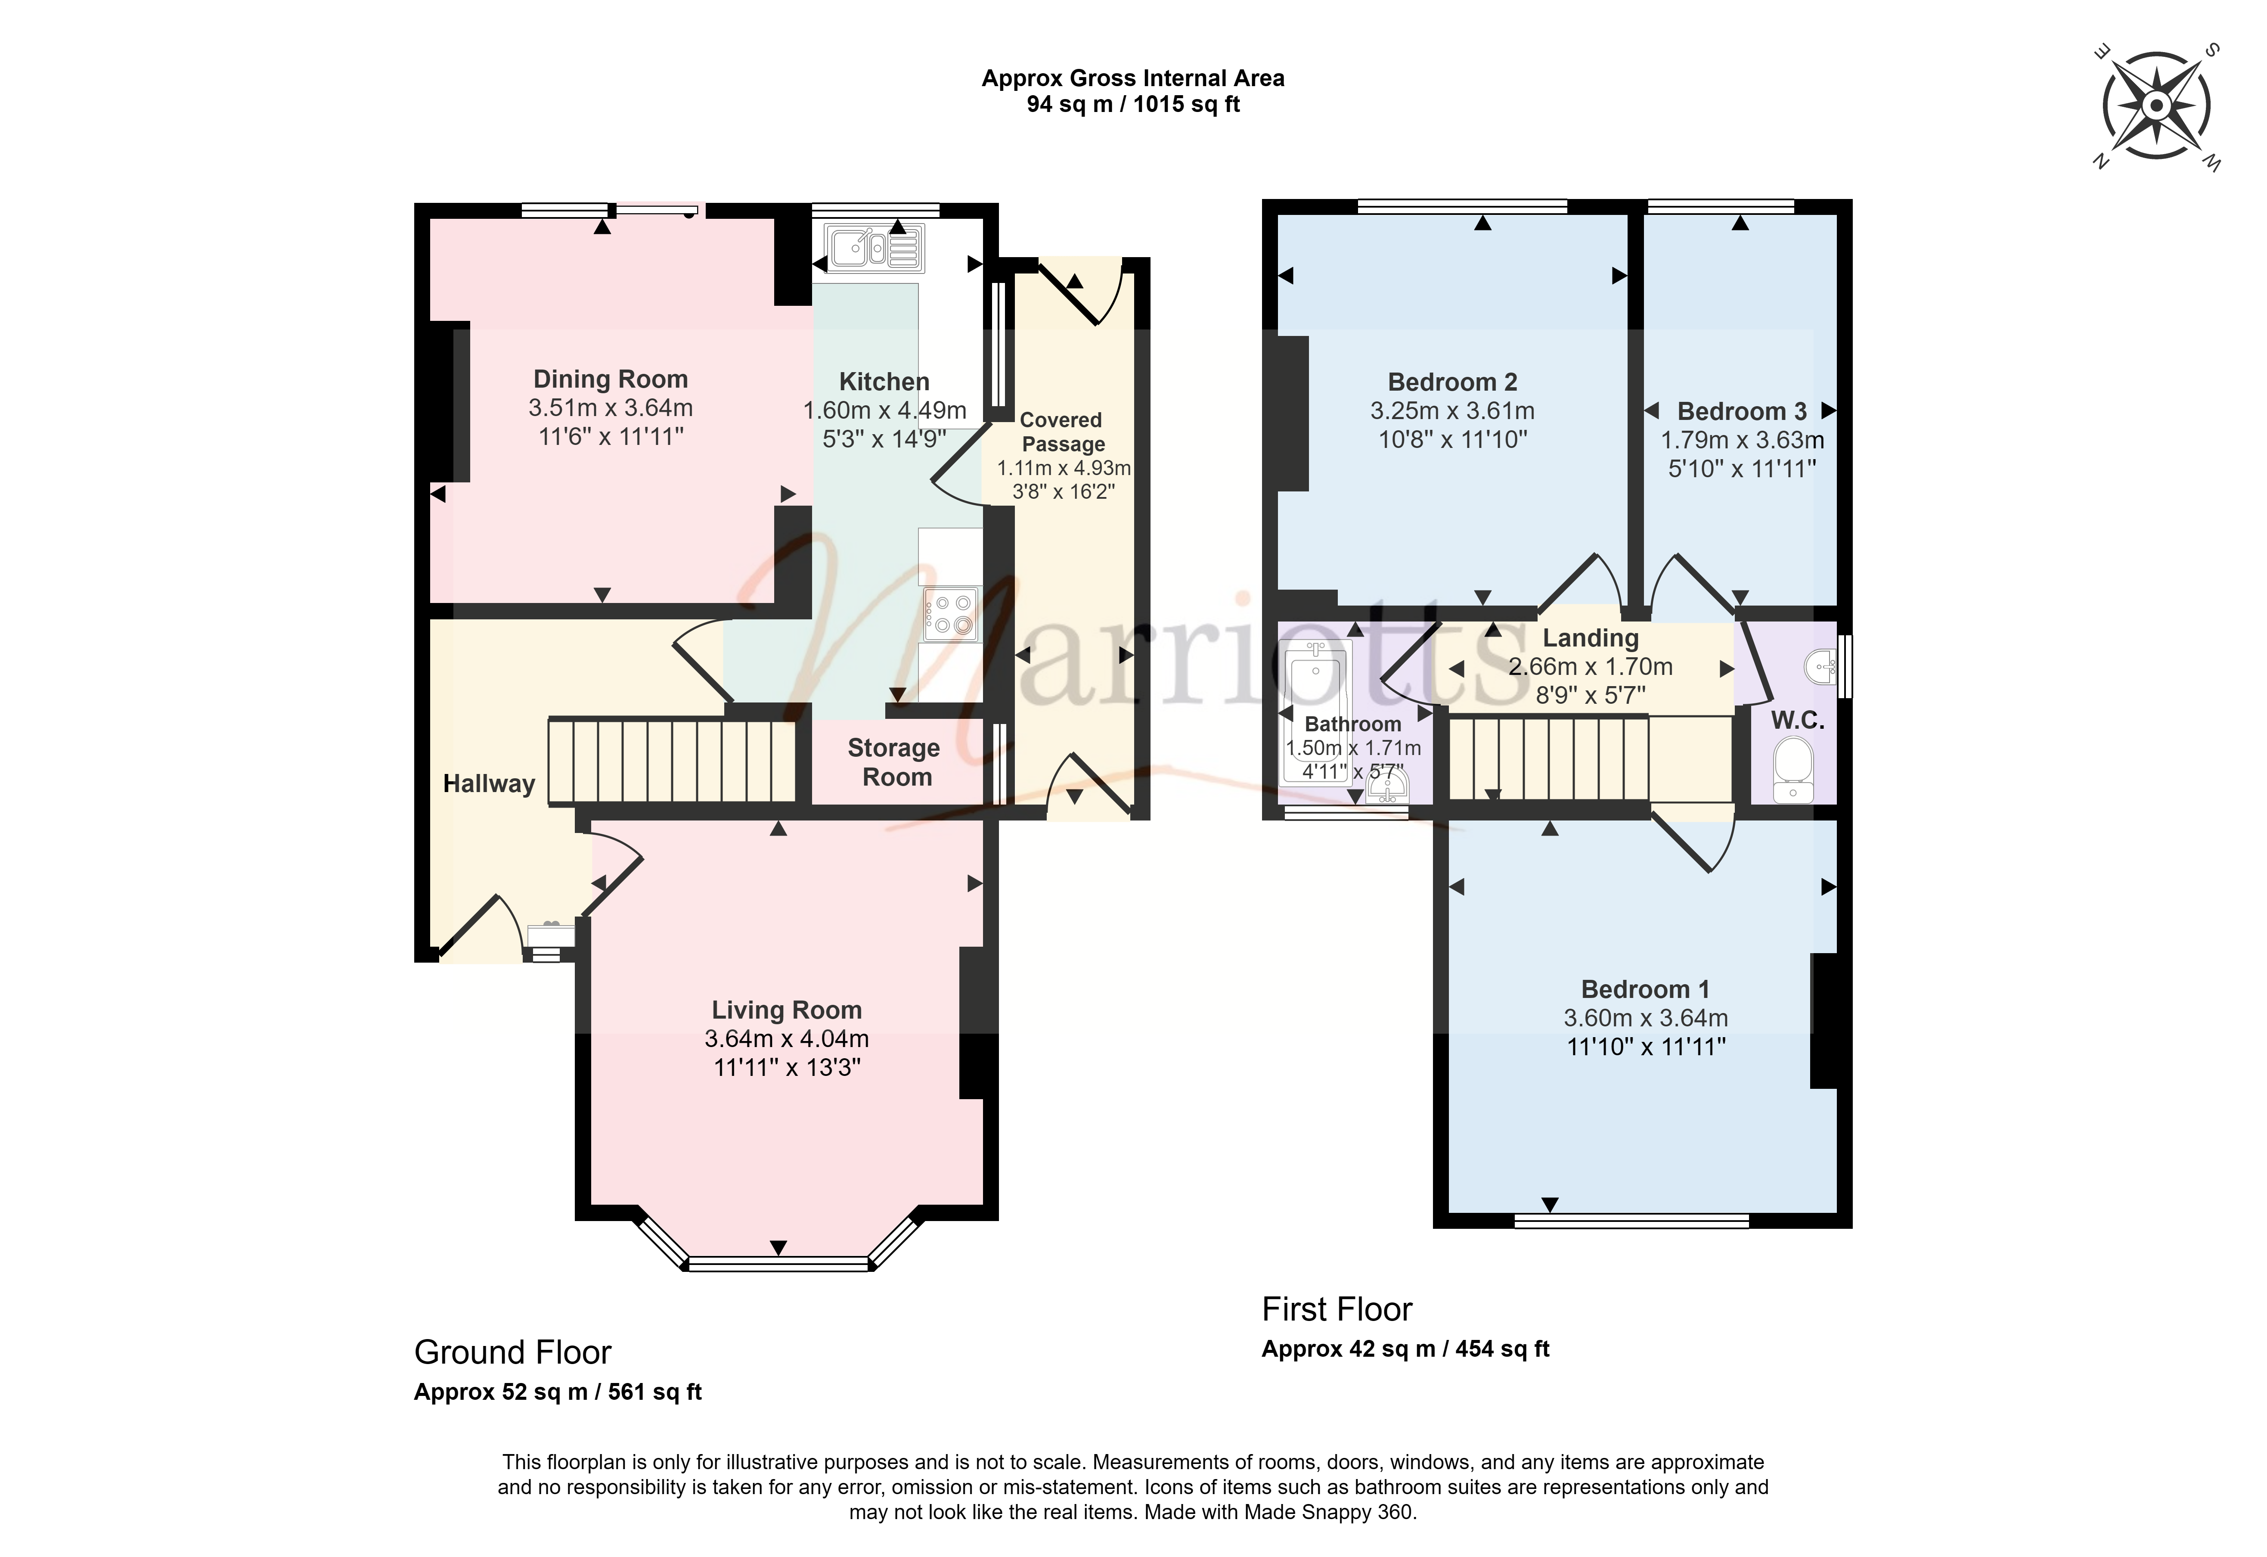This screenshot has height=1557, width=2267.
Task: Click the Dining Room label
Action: point(611,379)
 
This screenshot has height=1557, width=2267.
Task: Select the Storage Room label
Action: point(894,762)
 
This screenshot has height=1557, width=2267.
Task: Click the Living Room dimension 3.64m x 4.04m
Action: point(786,1039)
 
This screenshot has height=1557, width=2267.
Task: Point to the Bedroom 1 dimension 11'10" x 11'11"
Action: point(1647,1047)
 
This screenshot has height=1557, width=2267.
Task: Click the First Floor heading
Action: point(1337,1309)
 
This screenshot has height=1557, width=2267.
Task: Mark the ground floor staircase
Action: point(672,761)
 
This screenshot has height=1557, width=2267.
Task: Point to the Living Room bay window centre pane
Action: point(778,1264)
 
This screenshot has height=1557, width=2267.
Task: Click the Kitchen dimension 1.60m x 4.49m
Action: point(885,411)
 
